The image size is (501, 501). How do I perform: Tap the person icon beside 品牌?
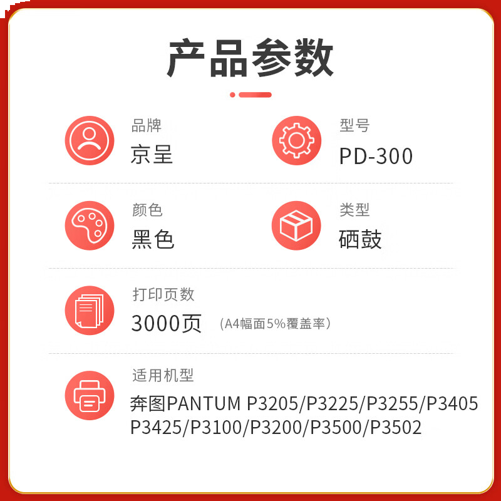[x=90, y=140]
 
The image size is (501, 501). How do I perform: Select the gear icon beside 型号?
[x=296, y=140]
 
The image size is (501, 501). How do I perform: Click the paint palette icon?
[x=90, y=225]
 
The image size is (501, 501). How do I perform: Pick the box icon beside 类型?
[x=296, y=225]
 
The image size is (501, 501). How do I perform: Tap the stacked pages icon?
[x=90, y=310]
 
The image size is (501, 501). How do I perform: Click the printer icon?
[x=90, y=395]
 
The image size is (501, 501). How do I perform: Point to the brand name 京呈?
[x=152, y=155]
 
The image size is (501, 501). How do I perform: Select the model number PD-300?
[x=376, y=156]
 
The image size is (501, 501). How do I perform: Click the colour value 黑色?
[x=153, y=239]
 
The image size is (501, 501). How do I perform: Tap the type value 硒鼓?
[x=360, y=239]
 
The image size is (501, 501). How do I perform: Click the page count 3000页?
[x=167, y=324]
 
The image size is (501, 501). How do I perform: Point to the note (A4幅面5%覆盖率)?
[x=276, y=324]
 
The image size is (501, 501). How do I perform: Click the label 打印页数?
[x=163, y=294]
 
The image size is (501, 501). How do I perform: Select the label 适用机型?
[x=163, y=375]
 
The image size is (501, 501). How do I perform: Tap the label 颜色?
[x=147, y=210]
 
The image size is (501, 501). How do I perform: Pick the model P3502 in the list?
[x=396, y=428]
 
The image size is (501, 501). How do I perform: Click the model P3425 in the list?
[x=155, y=428]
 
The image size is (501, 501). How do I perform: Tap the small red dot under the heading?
[x=232, y=95]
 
